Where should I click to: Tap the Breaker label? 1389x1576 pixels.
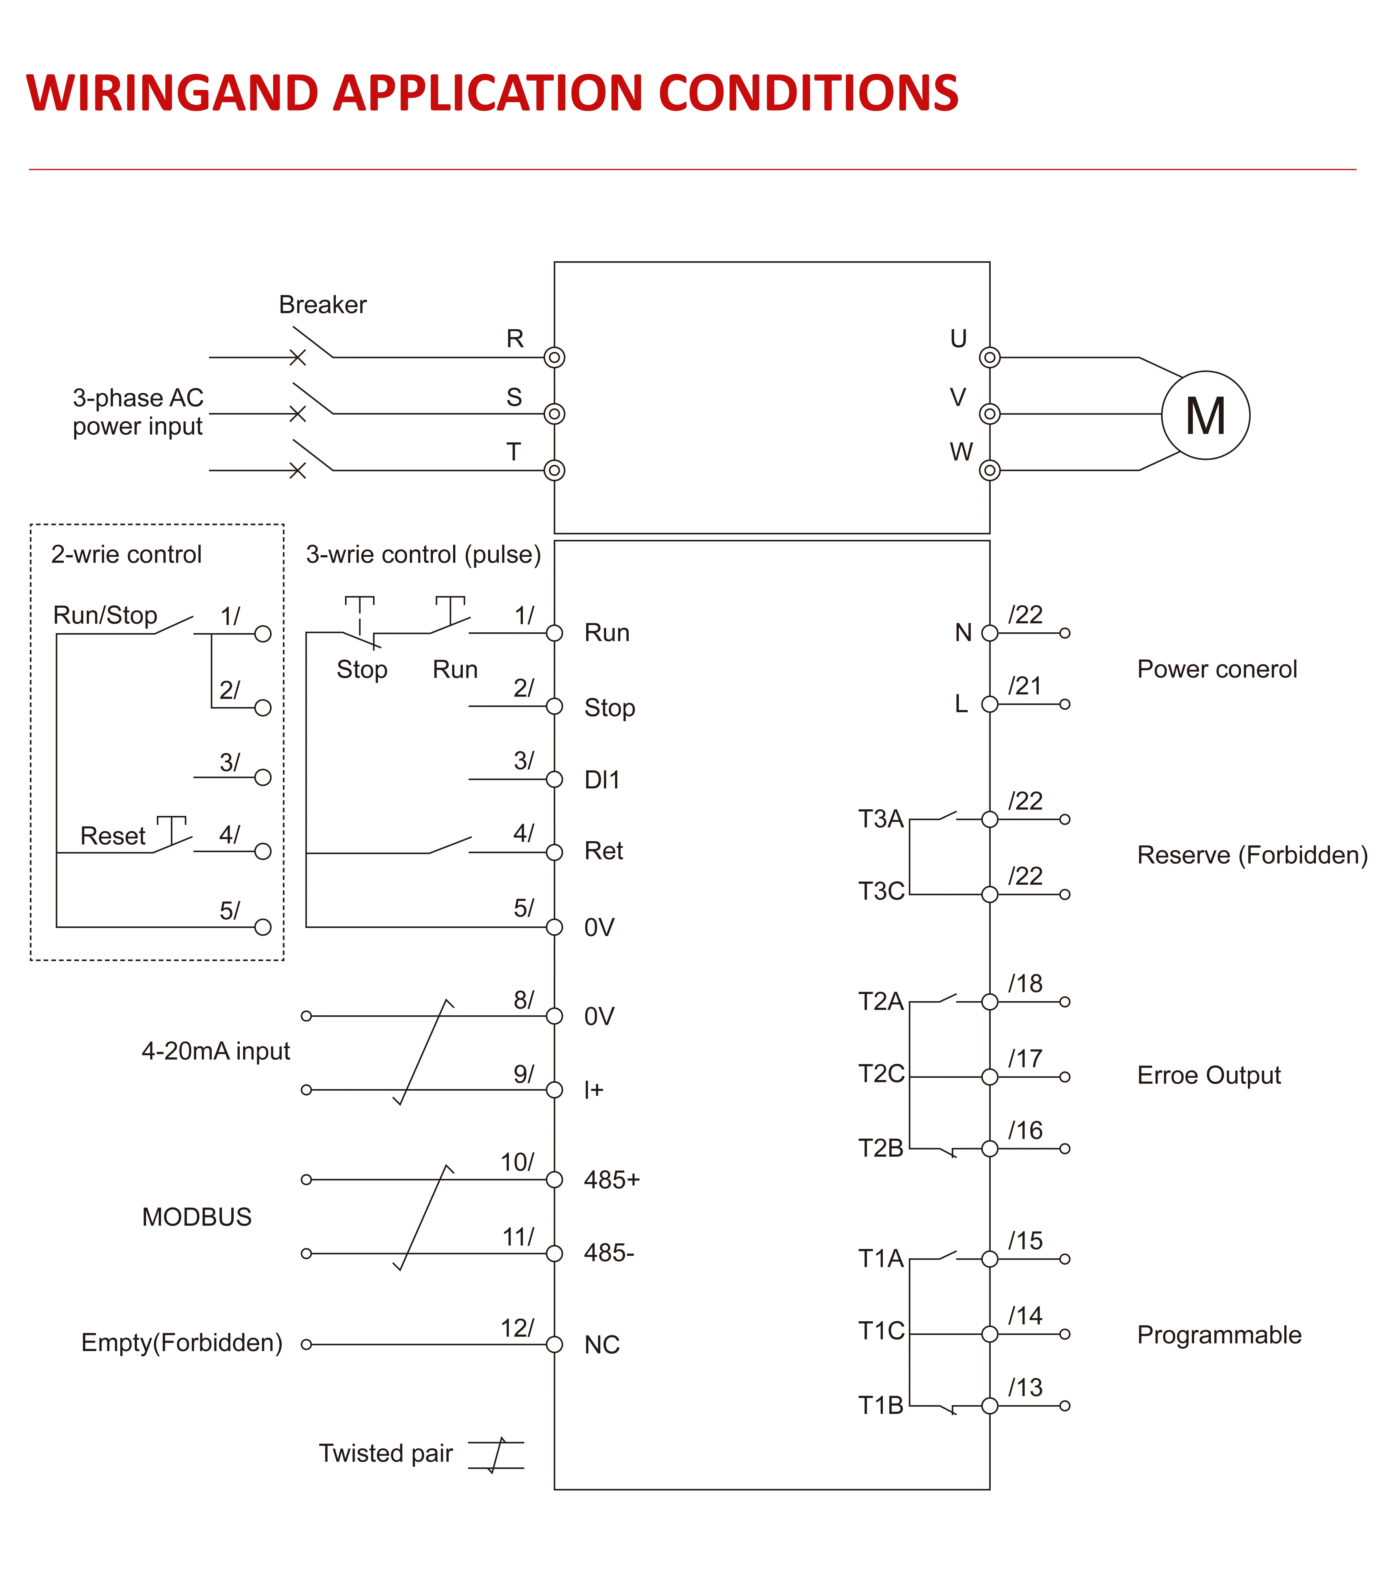322,305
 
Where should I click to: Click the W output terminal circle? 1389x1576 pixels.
990,470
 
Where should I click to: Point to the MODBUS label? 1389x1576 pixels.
197,1217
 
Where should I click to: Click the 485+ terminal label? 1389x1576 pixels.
612,1180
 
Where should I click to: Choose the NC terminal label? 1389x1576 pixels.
601,1345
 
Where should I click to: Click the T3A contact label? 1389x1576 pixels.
881,819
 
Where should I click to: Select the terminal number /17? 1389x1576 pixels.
1025,1059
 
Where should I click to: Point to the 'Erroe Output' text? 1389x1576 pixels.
1208,1076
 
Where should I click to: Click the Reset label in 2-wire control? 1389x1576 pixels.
113,836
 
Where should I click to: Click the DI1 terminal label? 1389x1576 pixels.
601,780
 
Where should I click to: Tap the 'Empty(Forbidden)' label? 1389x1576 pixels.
182,1343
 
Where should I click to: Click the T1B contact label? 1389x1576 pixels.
881,1405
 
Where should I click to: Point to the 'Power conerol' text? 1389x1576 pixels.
1217,669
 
